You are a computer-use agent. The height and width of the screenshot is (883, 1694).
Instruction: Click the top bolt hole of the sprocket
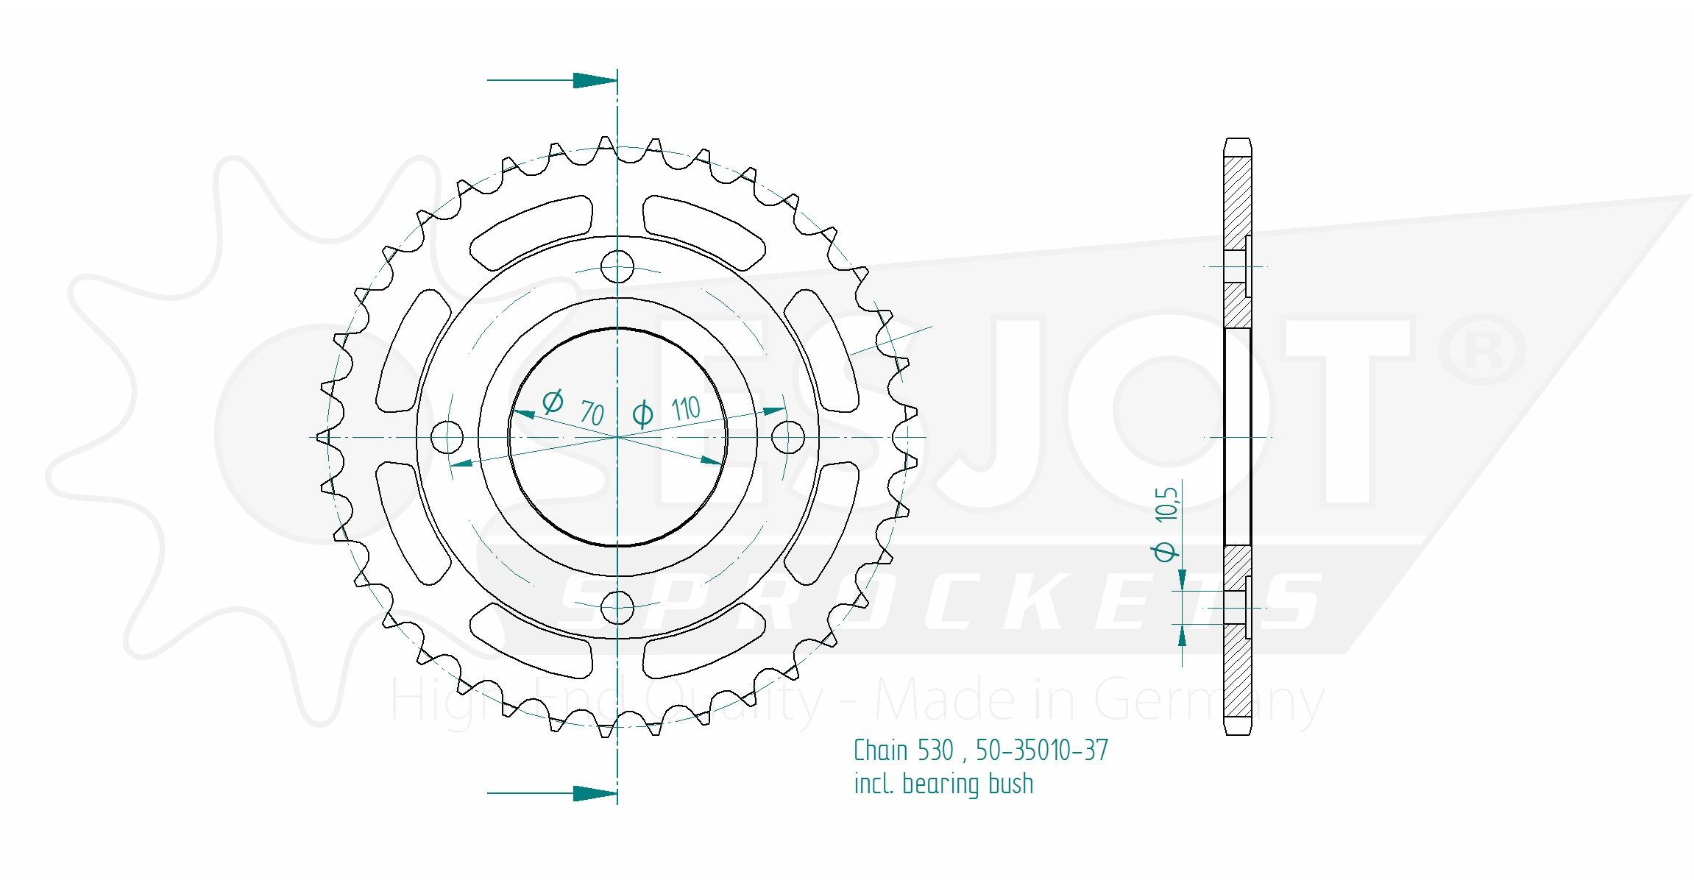pyautogui.click(x=617, y=266)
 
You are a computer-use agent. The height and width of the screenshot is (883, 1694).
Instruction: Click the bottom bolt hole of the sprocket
pyautogui.click(x=617, y=608)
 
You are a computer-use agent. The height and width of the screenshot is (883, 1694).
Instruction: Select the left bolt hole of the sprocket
pyautogui.click(x=447, y=438)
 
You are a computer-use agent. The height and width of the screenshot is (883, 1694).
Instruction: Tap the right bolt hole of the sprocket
pyautogui.click(x=788, y=438)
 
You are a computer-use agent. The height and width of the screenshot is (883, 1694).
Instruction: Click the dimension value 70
pyautogui.click(x=592, y=413)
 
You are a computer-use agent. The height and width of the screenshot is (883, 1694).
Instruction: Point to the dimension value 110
pyautogui.click(x=686, y=408)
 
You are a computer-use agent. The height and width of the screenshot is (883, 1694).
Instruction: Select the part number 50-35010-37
pyautogui.click(x=1042, y=751)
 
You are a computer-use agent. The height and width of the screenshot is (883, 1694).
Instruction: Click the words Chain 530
pyautogui.click(x=904, y=751)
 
